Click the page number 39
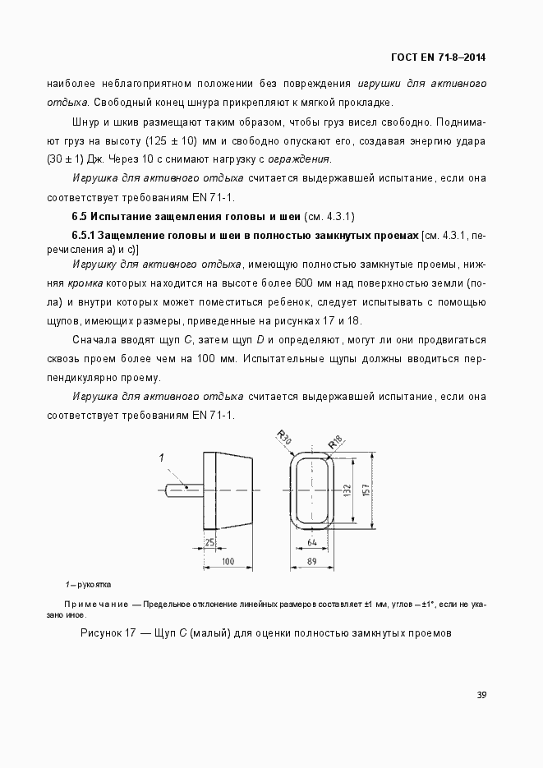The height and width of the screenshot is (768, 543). pyautogui.click(x=482, y=695)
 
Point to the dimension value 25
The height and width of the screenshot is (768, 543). pyautogui.click(x=210, y=543)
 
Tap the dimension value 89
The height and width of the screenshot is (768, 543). pyautogui.click(x=312, y=562)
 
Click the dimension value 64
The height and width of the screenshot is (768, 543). pyautogui.click(x=312, y=543)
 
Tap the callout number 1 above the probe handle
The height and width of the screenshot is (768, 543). pyautogui.click(x=162, y=457)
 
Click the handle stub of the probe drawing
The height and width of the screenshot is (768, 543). pyautogui.click(x=182, y=490)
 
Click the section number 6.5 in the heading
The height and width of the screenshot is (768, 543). pyautogui.click(x=79, y=217)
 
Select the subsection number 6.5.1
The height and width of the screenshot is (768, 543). pyautogui.click(x=85, y=235)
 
